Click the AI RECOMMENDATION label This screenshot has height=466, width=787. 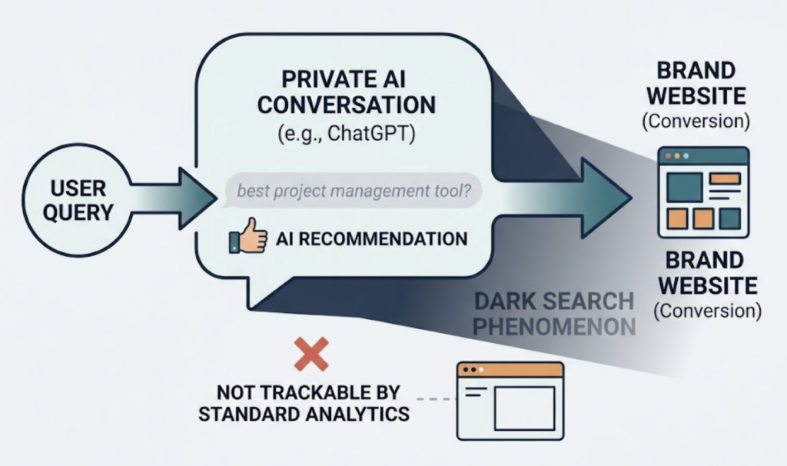pos(370,238)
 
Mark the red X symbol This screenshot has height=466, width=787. pos(311,354)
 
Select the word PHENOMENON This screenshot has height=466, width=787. pos(553,326)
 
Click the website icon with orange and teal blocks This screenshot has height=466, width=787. pos(702,191)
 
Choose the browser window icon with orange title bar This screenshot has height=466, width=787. pos(510,400)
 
